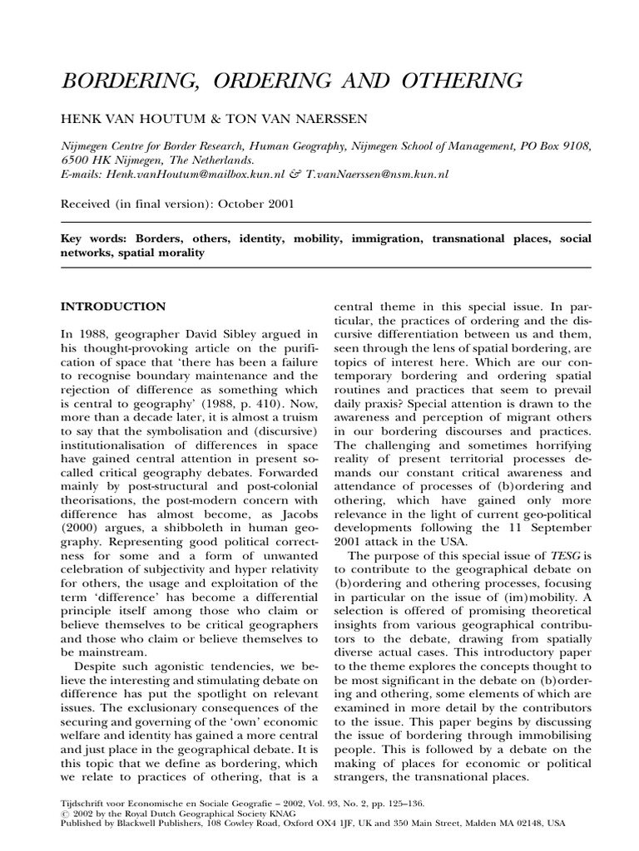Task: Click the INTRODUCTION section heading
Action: click(x=113, y=306)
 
